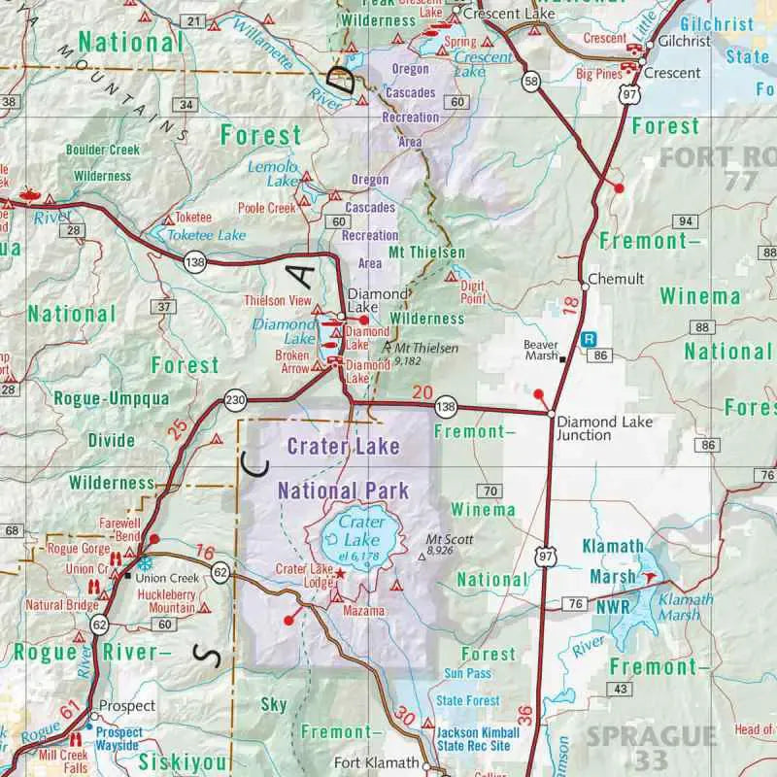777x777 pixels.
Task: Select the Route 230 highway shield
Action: pyautogui.click(x=235, y=400)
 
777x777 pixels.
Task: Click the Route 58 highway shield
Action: pyautogui.click(x=530, y=82)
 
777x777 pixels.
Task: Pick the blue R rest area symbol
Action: pyautogui.click(x=588, y=340)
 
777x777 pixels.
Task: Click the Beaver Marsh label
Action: pyautogui.click(x=542, y=350)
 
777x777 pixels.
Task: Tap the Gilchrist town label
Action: pyautogui.click(x=678, y=42)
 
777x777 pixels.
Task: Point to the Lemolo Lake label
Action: pyautogui.click(x=271, y=174)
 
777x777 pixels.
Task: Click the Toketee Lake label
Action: pyautogui.click(x=207, y=235)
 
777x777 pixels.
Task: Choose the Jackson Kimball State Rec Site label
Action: pyautogui.click(x=473, y=739)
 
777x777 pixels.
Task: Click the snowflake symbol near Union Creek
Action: pyautogui.click(x=145, y=563)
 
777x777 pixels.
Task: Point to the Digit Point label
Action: pyautogui.click(x=473, y=293)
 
